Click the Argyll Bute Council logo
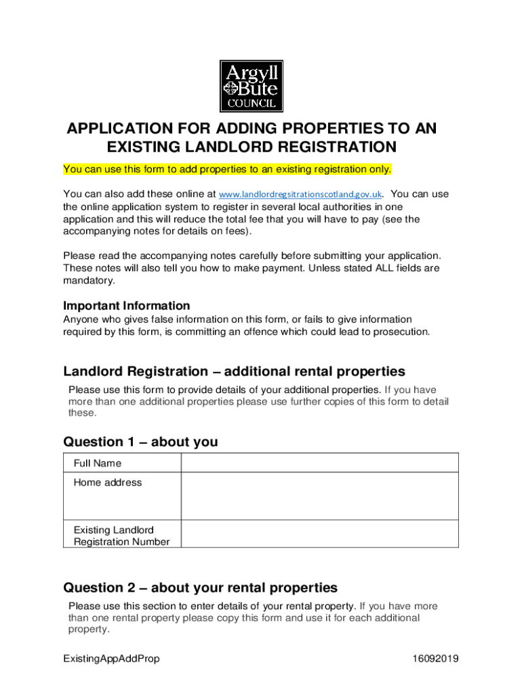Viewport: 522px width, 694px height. click(251, 86)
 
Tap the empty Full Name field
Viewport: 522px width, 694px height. click(319, 463)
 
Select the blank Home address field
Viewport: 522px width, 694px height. click(319, 495)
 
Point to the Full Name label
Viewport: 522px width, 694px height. click(98, 464)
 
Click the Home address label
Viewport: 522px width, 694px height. click(108, 483)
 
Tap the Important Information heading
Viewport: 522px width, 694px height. click(126, 306)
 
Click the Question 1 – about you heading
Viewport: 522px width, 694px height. click(140, 442)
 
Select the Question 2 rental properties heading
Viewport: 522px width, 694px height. click(200, 587)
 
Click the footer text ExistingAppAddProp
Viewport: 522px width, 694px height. click(111, 659)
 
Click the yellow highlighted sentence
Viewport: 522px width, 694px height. click(227, 169)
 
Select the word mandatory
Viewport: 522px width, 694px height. click(89, 281)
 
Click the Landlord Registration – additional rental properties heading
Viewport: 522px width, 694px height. click(234, 371)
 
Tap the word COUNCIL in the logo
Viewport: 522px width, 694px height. click(251, 104)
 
